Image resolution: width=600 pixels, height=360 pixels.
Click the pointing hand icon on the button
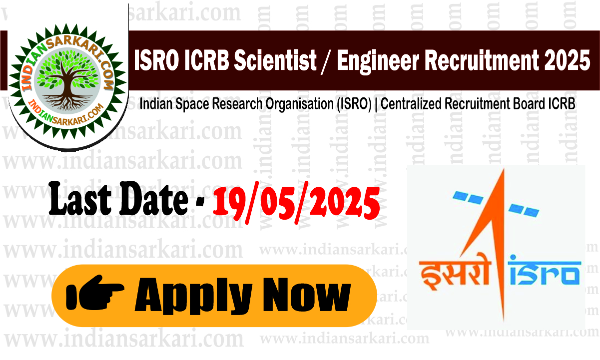(x=95, y=296)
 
